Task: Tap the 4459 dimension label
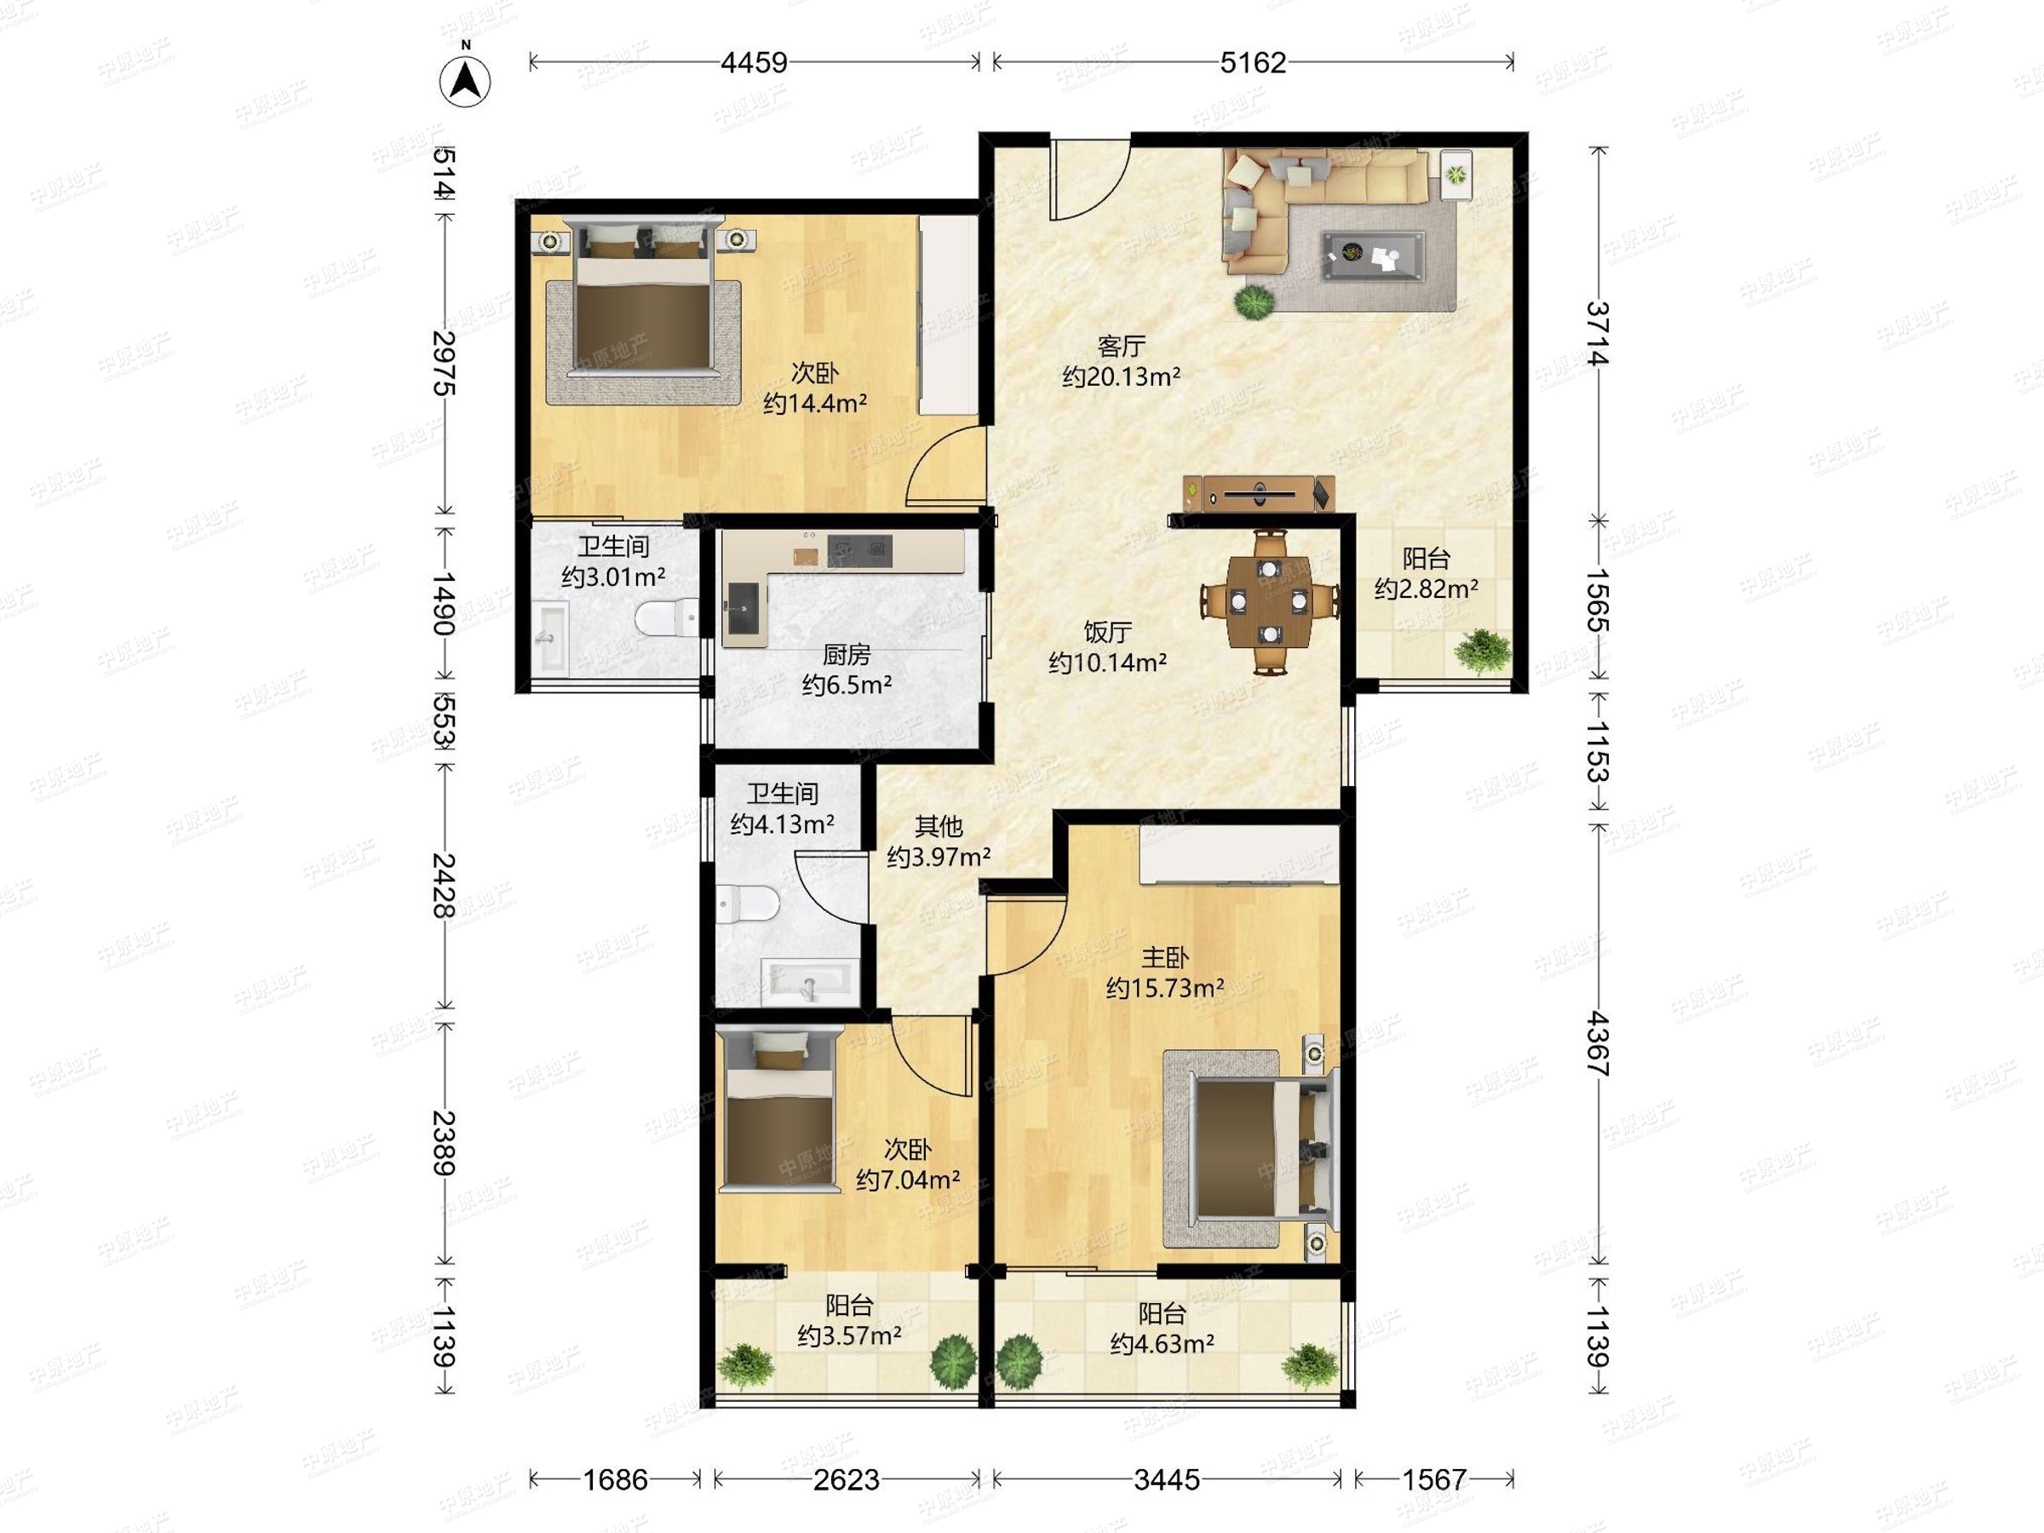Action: pos(754,63)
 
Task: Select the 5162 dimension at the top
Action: pos(1253,63)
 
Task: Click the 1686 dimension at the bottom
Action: pos(616,1480)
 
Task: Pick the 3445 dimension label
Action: pos(1167,1480)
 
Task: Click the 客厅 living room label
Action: pos(1121,347)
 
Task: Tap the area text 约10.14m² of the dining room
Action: pos(1107,663)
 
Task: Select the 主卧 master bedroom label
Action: pos(1164,957)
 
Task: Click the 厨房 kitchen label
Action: pos(847,655)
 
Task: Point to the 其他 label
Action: pos(939,826)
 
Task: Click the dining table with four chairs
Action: pos(1271,600)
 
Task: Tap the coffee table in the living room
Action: pos(1373,254)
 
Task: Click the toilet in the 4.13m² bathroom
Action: pos(747,904)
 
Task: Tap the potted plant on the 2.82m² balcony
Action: pos(1482,650)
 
